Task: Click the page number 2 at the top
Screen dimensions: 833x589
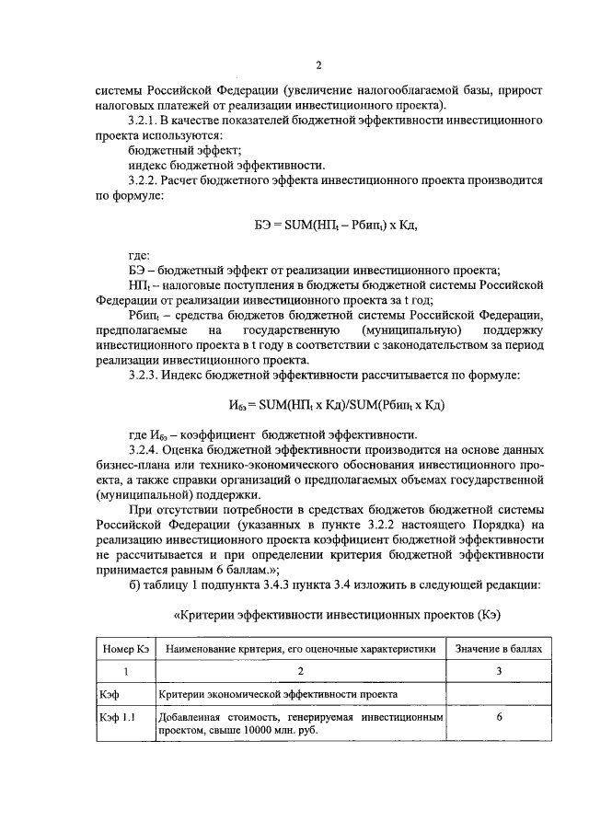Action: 318,64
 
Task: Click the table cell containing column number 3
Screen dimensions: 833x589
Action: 498,671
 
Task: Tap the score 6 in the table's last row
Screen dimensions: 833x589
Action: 498,715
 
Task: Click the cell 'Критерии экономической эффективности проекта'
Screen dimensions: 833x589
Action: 278,692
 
